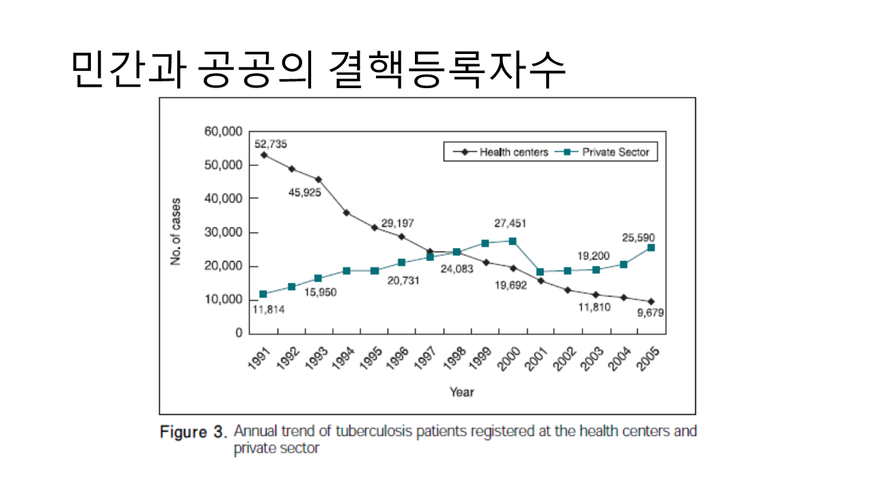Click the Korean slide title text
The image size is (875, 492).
pos(319,69)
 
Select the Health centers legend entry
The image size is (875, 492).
pos(513,152)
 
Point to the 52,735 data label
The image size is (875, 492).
pos(271,143)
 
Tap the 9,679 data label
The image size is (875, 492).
pos(649,312)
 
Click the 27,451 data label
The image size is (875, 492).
pos(511,223)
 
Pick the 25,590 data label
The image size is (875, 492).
pos(638,237)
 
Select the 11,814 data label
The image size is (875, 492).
pos(268,310)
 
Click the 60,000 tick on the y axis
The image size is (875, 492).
pos(224,131)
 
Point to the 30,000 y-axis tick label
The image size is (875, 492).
pos(224,232)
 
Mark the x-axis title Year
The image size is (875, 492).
pos(461,392)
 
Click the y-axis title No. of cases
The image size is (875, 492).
pos(176,232)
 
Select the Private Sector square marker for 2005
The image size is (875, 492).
pos(651,247)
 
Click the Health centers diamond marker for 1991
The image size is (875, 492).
pos(263,155)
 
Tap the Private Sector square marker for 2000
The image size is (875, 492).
pos(513,241)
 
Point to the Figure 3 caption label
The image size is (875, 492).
pos(192,432)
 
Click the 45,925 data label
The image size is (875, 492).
pos(305,192)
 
